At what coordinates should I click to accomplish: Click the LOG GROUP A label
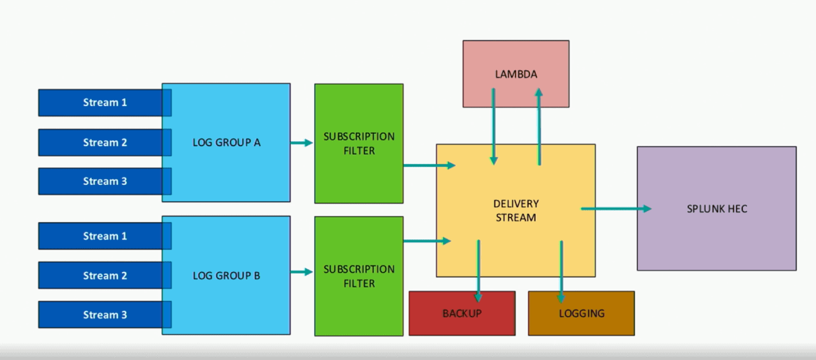(x=226, y=142)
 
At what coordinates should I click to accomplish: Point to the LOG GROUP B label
(x=226, y=276)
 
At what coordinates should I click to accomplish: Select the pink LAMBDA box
(x=516, y=74)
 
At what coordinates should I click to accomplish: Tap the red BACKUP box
(x=462, y=313)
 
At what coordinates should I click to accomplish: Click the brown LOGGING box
(x=581, y=313)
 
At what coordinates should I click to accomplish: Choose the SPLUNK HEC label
(x=717, y=209)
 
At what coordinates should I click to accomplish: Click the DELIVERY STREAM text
(x=515, y=211)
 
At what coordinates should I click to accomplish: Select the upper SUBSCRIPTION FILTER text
(x=359, y=144)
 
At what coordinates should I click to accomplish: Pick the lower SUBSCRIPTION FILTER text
(x=359, y=276)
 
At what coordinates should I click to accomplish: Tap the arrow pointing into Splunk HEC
(x=616, y=209)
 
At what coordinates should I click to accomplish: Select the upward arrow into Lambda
(x=539, y=126)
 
